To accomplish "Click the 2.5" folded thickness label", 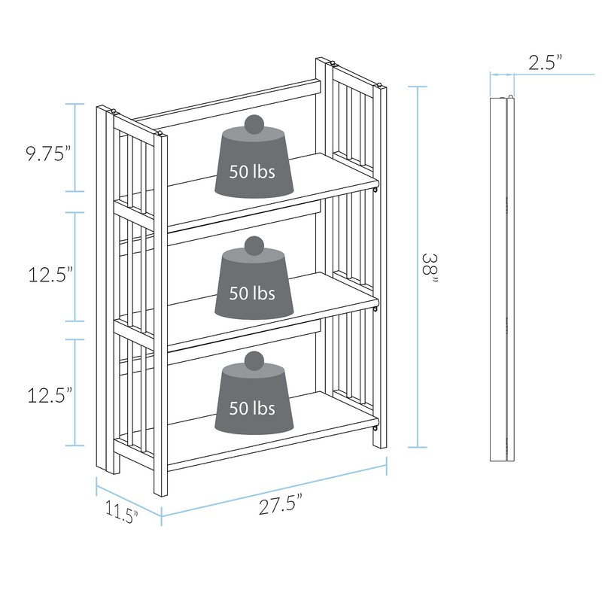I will click(546, 64).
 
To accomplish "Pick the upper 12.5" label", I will click(50, 275).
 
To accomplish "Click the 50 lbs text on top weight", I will click(252, 172).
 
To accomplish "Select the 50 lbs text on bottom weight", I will click(252, 409).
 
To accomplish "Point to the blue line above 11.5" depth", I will click(128, 497).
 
